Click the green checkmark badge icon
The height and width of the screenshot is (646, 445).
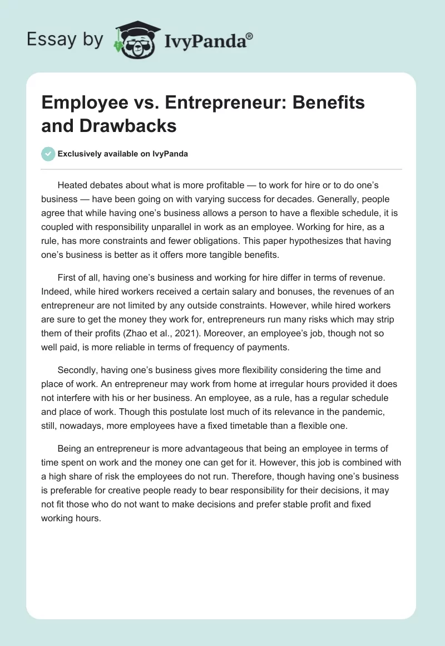pos(48,154)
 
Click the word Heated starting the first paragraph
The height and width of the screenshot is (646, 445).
pos(73,185)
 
